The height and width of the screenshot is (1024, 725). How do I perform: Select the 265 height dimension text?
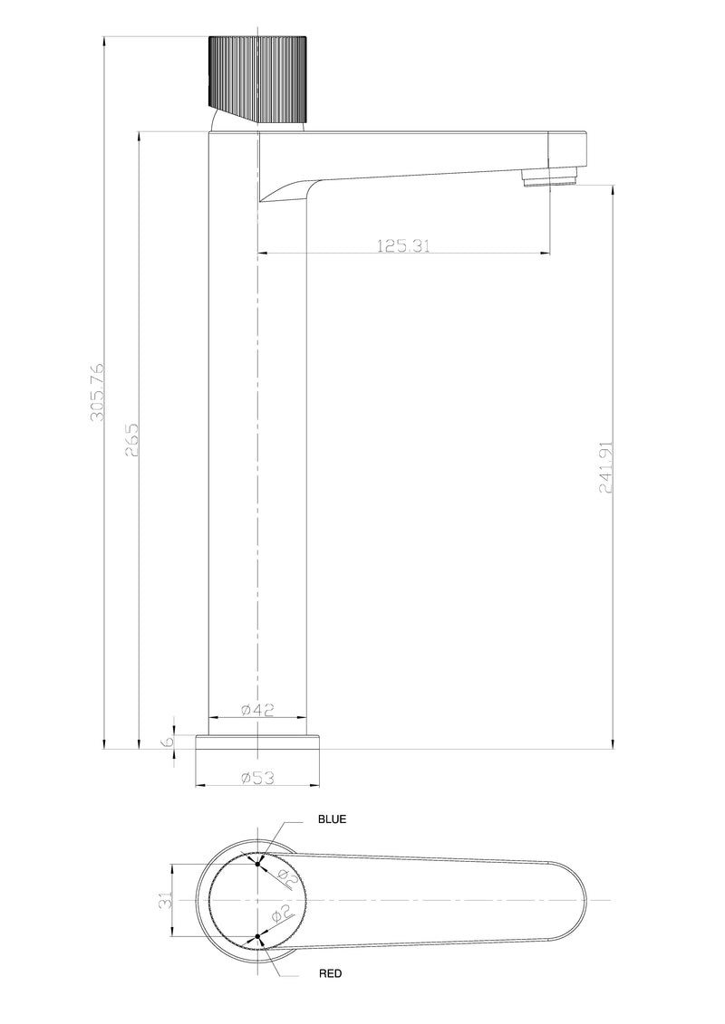pyautogui.click(x=132, y=440)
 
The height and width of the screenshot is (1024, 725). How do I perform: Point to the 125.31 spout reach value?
pyautogui.click(x=402, y=245)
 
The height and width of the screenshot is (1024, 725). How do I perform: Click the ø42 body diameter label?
pyautogui.click(x=258, y=711)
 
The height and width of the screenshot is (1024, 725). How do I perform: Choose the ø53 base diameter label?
pyautogui.click(x=258, y=777)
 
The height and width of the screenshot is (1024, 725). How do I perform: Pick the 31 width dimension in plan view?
pyautogui.click(x=164, y=901)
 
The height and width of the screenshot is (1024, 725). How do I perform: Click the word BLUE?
pyautogui.click(x=332, y=818)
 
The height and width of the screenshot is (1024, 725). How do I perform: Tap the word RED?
pyautogui.click(x=330, y=974)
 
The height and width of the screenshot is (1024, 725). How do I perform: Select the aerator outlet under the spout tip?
pyautogui.click(x=550, y=177)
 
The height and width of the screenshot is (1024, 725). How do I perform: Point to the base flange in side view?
pyautogui.click(x=258, y=742)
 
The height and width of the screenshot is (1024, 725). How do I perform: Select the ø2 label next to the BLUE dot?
pyautogui.click(x=283, y=876)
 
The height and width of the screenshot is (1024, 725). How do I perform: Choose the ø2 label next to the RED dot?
pyautogui.click(x=282, y=913)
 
